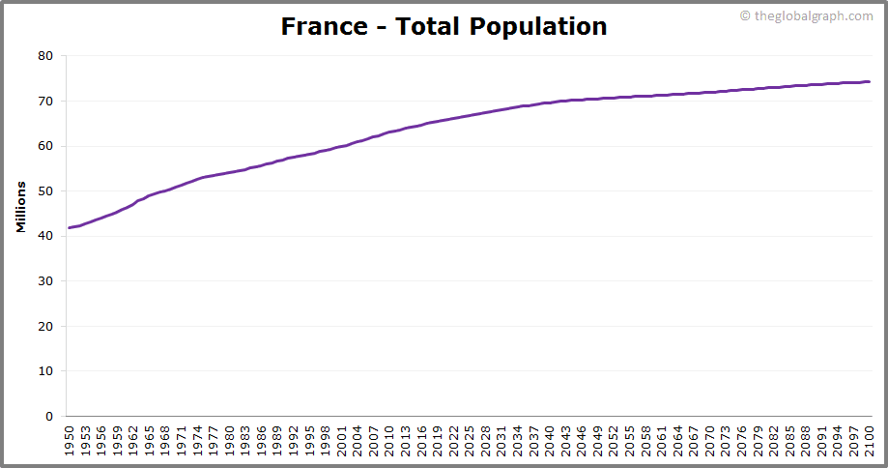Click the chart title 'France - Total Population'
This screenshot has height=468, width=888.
pyautogui.click(x=444, y=26)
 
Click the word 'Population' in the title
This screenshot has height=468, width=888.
pyautogui.click(x=538, y=27)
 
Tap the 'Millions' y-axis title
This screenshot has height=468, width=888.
pyautogui.click(x=21, y=207)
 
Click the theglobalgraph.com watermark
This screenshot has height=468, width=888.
pyautogui.click(x=806, y=15)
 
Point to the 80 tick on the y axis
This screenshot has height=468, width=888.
pyautogui.click(x=44, y=56)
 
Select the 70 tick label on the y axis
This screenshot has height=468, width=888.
pyautogui.click(x=44, y=101)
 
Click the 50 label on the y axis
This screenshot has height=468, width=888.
pyautogui.click(x=44, y=191)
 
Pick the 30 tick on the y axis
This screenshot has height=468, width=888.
pyautogui.click(x=44, y=281)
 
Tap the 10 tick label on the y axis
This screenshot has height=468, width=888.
pyautogui.click(x=44, y=371)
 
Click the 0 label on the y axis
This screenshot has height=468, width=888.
pyautogui.click(x=48, y=417)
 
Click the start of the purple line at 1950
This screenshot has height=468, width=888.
pyautogui.click(x=69, y=227)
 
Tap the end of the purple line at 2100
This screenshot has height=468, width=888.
pyautogui.click(x=869, y=81)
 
